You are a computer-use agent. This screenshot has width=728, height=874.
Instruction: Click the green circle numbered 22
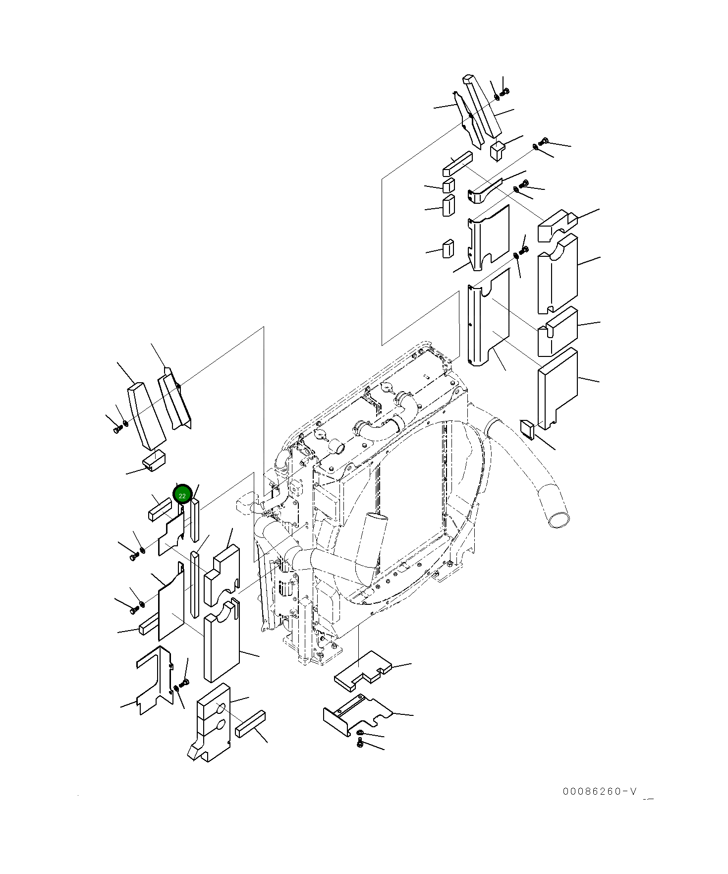[x=182, y=494]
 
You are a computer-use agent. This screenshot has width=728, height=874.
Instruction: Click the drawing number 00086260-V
[x=600, y=791]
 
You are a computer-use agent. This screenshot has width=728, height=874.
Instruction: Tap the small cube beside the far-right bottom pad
[x=526, y=428]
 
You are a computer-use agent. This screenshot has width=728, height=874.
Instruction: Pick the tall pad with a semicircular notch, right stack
[x=558, y=275]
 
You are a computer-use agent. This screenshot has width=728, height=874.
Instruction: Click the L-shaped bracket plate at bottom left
[x=153, y=679]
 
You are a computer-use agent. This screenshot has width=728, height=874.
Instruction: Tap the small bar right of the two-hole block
[x=250, y=723]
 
